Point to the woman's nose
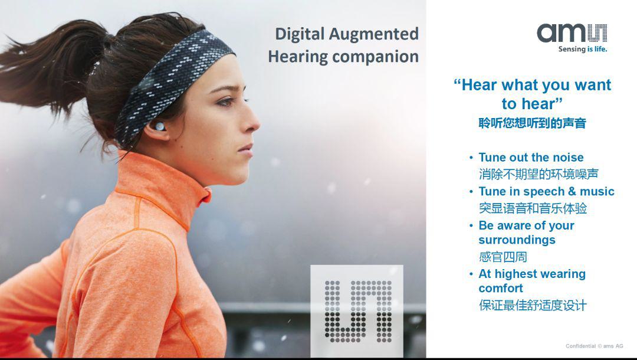[251, 120]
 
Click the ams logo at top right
[572, 33]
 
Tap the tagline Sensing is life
[583, 49]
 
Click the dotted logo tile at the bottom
[357, 311]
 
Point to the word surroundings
[517, 240]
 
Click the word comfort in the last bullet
[501, 288]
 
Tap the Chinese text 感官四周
[503, 257]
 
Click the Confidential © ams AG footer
[595, 346]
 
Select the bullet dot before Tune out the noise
[471, 157]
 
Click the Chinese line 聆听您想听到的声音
[532, 123]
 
